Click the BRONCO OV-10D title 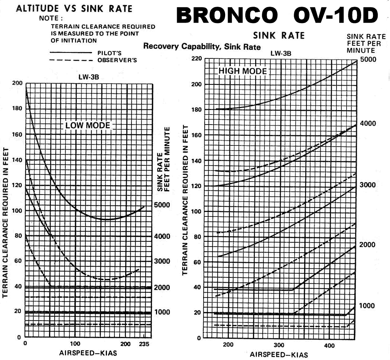coord(277,16)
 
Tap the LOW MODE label coord(88,125)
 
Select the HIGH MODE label coord(243,71)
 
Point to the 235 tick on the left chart coord(144,344)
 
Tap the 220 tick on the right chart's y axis coord(196,59)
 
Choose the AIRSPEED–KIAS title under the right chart coord(279,354)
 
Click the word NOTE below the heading coord(51,18)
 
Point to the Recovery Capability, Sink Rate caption coord(202,46)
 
